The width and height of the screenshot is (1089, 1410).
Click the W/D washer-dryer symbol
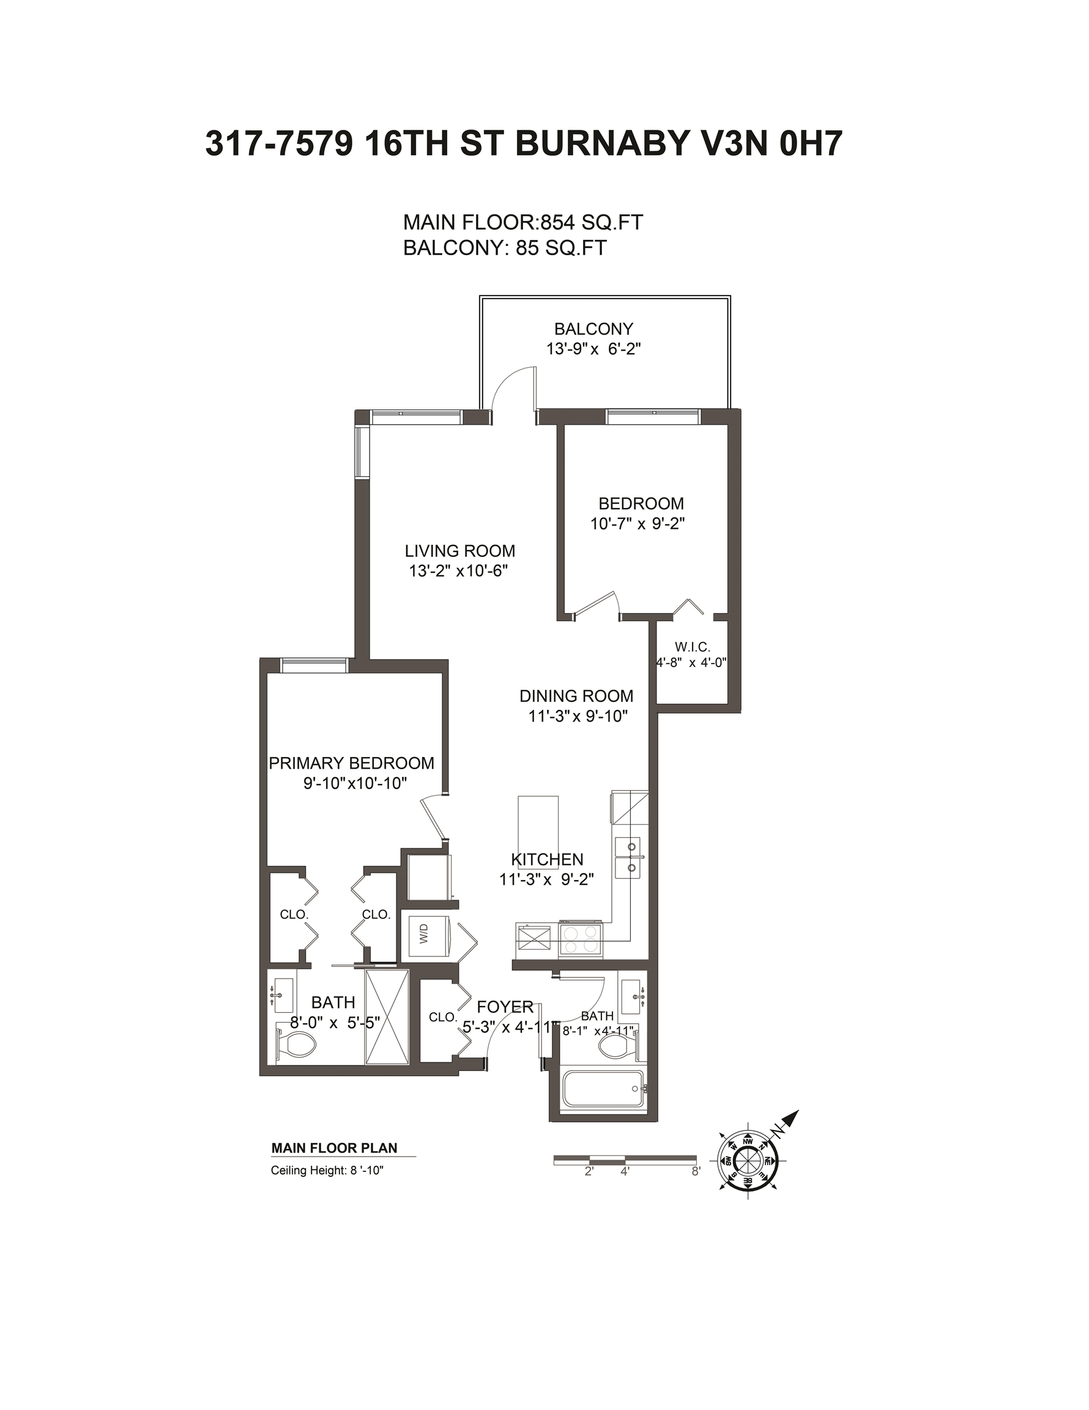[x=425, y=936]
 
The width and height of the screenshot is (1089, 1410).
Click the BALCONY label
[x=594, y=329]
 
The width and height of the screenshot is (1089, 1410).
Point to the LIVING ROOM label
[x=460, y=551]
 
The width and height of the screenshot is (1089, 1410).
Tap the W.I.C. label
[x=693, y=646]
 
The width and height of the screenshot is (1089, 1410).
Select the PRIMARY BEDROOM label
[x=351, y=763]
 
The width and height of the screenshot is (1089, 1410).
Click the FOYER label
[x=505, y=1007]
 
